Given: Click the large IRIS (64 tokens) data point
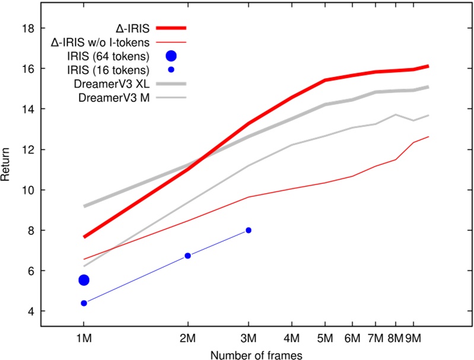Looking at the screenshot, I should [x=84, y=280].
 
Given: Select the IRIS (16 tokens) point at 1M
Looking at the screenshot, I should [x=84, y=303].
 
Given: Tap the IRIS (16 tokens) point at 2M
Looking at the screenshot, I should [x=188, y=256].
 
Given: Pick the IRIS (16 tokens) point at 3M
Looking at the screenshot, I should [x=249, y=230].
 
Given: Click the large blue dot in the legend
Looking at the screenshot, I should [x=171, y=56].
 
